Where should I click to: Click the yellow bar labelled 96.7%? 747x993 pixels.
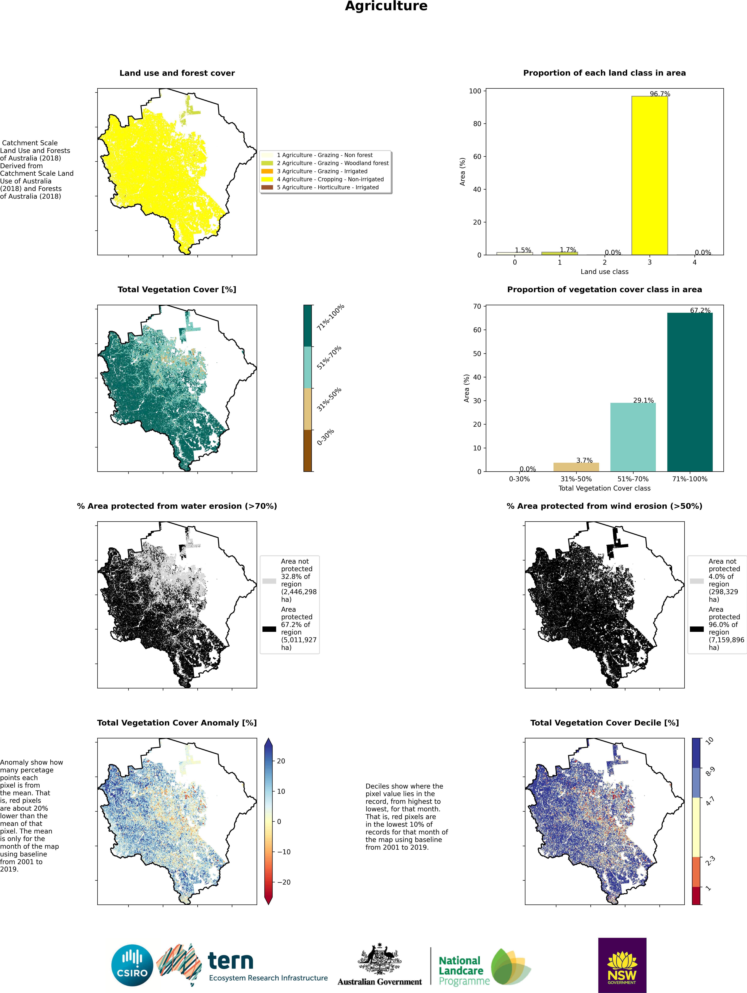coord(650,176)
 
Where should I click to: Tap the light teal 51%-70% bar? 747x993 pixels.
coord(633,437)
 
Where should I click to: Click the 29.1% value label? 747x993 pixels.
coord(643,400)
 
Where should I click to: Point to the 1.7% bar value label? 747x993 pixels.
coord(568,250)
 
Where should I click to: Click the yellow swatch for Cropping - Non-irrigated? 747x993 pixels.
coord(267,179)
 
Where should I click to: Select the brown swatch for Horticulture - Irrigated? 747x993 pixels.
coord(267,187)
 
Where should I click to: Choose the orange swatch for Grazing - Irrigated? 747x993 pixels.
coord(267,171)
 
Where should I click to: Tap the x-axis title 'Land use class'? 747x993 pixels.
coord(604,272)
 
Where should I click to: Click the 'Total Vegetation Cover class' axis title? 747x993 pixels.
coord(604,488)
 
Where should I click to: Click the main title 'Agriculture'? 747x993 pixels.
coord(386,6)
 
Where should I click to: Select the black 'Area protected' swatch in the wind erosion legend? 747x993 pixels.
coord(697,629)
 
